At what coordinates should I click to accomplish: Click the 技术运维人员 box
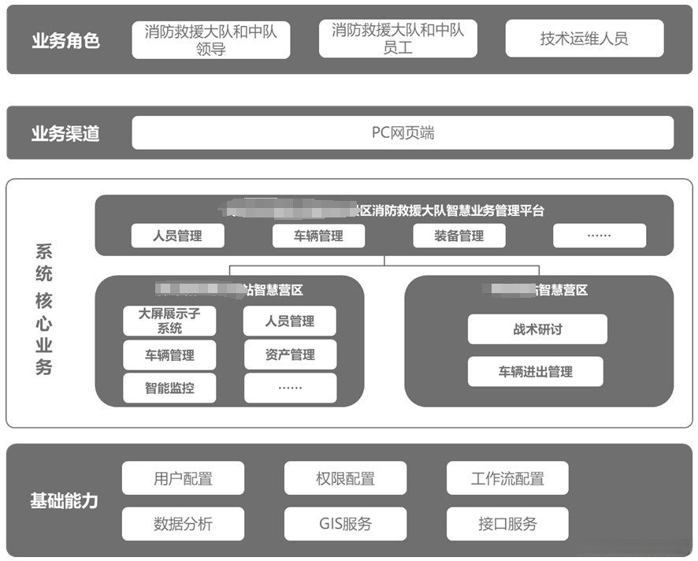[584, 39]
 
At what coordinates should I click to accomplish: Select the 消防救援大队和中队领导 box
[210, 39]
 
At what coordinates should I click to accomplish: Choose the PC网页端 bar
[403, 133]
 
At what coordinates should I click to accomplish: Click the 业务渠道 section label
[66, 133]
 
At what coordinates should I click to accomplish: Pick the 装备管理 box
[459, 236]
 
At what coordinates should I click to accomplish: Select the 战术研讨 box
[537, 329]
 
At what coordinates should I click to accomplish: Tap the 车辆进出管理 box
[535, 371]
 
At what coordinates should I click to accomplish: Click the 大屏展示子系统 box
[169, 321]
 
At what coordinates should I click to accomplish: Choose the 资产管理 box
[290, 355]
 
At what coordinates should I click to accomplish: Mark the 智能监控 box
[169, 388]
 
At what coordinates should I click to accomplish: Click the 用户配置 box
[183, 478]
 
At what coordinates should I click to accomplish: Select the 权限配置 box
[345, 478]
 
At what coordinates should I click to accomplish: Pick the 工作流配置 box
[507, 478]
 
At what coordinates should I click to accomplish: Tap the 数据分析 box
[183, 523]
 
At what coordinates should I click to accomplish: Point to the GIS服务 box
[345, 523]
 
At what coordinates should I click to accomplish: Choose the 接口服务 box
[507, 523]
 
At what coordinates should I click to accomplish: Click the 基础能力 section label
[65, 500]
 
